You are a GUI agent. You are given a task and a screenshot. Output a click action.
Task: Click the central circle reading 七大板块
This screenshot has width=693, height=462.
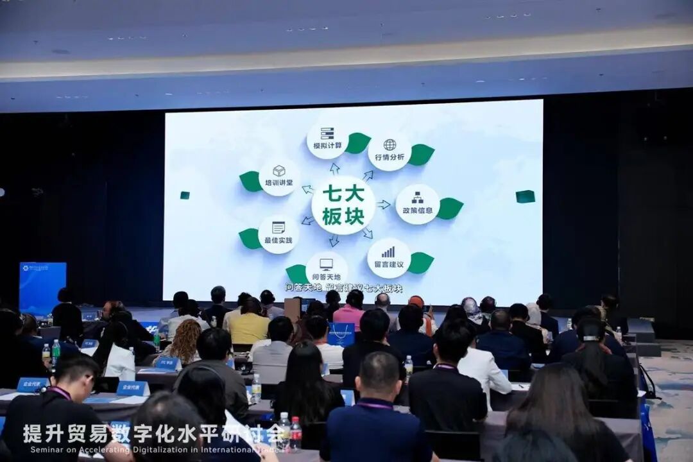coord(343,205)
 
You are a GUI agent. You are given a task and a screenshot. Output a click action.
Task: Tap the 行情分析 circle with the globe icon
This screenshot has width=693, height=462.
coord(389,151)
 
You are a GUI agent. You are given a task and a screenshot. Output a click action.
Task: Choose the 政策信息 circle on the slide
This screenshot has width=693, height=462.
coord(417,204)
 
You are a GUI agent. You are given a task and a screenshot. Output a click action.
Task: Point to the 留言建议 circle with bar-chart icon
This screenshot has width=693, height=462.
coord(389,258)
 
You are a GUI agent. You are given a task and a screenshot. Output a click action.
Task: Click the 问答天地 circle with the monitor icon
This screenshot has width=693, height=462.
coord(327,269)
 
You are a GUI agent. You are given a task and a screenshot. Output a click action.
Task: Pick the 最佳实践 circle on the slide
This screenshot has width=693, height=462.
coord(278,234)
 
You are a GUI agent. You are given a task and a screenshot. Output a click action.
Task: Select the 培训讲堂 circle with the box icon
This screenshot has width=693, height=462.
coord(278,176)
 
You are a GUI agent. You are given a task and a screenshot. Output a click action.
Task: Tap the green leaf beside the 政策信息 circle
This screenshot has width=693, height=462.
coord(450,209)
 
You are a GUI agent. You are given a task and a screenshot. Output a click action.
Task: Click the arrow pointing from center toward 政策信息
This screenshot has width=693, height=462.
coord(384,205)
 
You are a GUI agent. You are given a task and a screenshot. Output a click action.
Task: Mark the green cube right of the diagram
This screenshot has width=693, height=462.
coord(525,196)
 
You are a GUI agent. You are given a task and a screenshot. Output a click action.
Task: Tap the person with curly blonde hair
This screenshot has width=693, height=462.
coord(185,341)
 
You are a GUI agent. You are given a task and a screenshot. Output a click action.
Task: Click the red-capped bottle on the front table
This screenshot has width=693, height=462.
coord(295,434)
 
